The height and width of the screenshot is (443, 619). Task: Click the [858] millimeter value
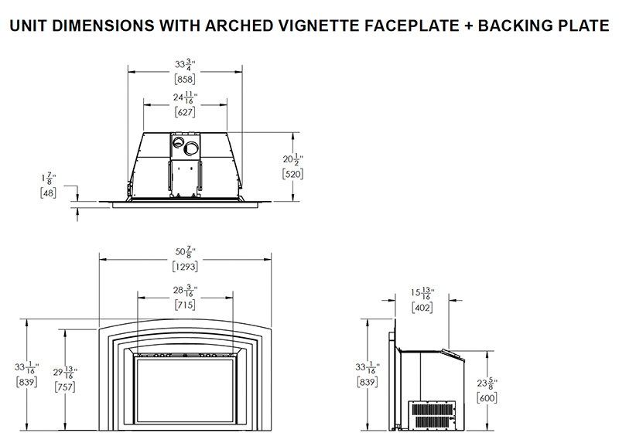pyautogui.click(x=185, y=79)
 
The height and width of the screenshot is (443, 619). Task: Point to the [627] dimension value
pyautogui.click(x=185, y=111)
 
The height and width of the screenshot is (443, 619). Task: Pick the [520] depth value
pyautogui.click(x=293, y=174)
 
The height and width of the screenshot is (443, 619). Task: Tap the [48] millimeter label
pyautogui.click(x=48, y=193)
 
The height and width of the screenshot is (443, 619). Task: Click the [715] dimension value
pyautogui.click(x=185, y=305)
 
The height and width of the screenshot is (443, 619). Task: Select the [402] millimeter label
pyautogui.click(x=422, y=307)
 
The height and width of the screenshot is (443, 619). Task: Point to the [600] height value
pyautogui.click(x=487, y=397)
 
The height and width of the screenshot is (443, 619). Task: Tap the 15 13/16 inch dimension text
pyautogui.click(x=423, y=294)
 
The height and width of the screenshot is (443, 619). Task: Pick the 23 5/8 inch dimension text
pyautogui.click(x=487, y=383)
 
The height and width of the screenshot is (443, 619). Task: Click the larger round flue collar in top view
pyautogui.click(x=190, y=147)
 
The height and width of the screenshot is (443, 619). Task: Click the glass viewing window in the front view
pyautogui.click(x=185, y=390)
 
